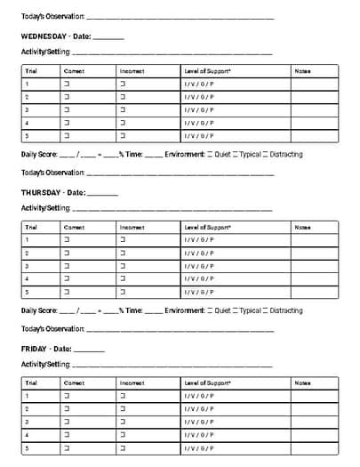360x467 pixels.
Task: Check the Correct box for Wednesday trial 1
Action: [66, 84]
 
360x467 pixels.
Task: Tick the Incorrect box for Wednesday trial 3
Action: [123, 110]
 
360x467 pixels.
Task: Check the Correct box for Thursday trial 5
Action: [66, 292]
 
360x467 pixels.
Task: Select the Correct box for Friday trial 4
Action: [66, 435]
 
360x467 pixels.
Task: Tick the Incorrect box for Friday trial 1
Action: [123, 396]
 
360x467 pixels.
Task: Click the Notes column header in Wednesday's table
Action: [302, 70]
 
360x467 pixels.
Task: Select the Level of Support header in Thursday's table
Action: [207, 227]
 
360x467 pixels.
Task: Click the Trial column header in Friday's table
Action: [31, 382]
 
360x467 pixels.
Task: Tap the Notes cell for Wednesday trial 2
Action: [314, 97]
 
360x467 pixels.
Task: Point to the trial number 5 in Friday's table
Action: [27, 448]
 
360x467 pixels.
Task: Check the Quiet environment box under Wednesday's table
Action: [210, 154]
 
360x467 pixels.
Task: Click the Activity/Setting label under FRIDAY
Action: [45, 364]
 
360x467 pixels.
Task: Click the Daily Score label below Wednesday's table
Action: [39, 154]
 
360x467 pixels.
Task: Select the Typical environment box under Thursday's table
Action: [236, 310]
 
